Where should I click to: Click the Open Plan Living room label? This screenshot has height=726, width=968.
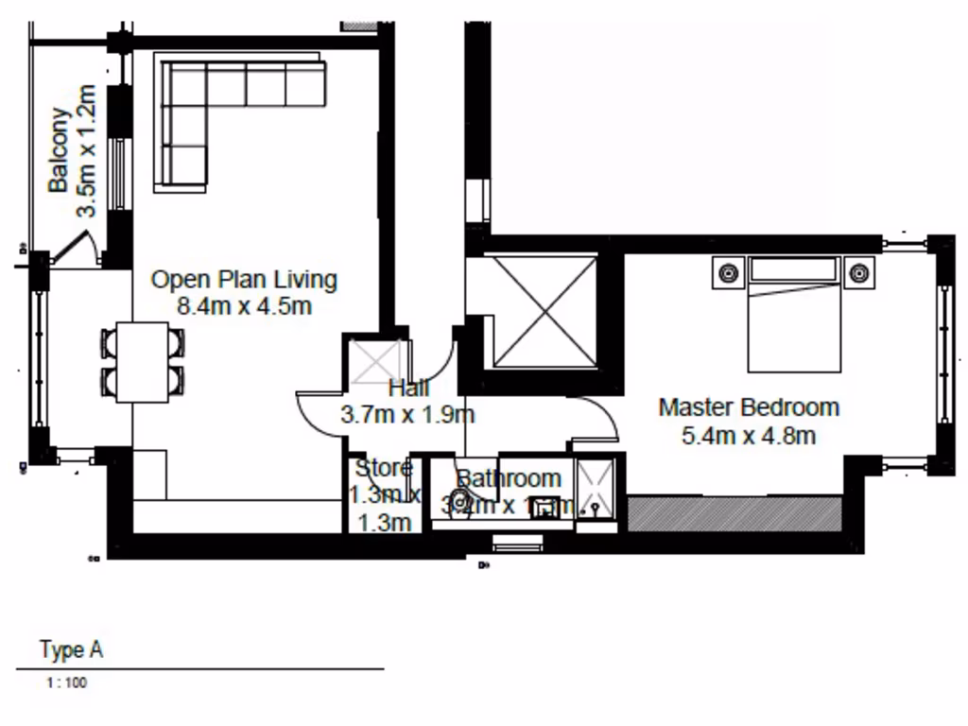click(244, 280)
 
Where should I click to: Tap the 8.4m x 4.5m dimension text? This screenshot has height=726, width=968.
click(244, 306)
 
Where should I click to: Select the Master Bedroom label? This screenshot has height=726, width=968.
click(749, 407)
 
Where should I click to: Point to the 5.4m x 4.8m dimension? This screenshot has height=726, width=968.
click(749, 436)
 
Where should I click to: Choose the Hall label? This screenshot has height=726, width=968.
click(408, 388)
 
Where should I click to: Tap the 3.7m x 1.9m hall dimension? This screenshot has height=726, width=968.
click(406, 414)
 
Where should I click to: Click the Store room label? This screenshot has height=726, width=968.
click(383, 468)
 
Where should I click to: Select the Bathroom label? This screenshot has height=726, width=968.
click(509, 479)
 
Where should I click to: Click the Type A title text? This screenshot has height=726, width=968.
click(71, 650)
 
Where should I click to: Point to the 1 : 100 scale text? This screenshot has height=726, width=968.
click(65, 683)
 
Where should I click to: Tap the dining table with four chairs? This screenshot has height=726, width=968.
click(142, 361)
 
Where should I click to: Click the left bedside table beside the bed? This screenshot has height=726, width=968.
click(727, 273)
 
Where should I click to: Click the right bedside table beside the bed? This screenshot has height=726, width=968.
click(858, 273)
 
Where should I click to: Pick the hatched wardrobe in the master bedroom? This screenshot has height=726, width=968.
click(735, 513)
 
